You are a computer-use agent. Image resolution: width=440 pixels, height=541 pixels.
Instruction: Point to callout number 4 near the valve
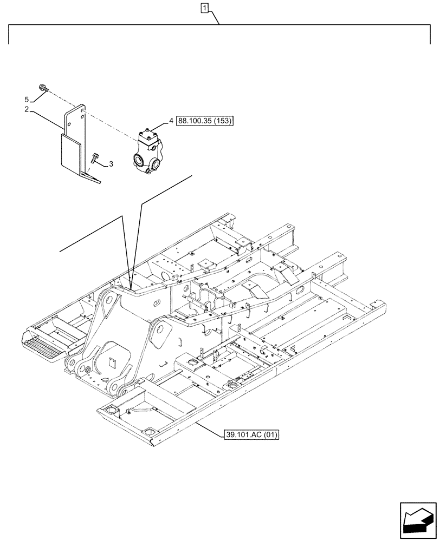(x=171, y=122)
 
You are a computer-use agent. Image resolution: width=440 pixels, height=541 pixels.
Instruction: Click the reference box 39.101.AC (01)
(x=250, y=434)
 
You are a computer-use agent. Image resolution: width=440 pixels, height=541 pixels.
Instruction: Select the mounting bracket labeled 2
(x=73, y=141)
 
